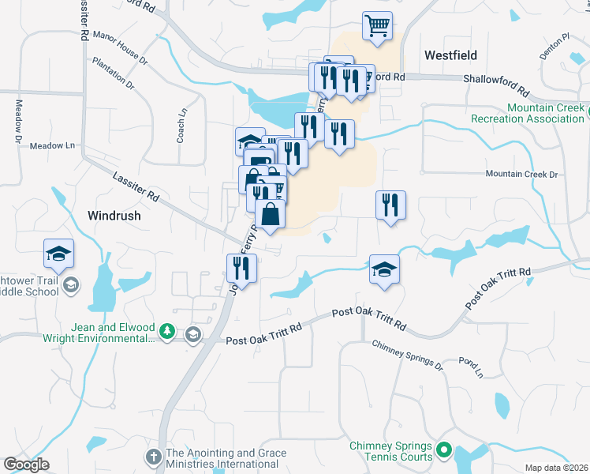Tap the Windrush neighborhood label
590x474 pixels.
pos(114,215)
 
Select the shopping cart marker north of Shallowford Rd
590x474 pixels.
pos(378,26)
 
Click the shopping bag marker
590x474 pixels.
pos(270,214)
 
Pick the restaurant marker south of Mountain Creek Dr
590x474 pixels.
pos(390,205)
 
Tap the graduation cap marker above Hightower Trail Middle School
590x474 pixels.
pos(58,254)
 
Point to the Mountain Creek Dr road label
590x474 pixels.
pos(521,174)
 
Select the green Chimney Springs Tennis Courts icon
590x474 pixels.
pos(443,452)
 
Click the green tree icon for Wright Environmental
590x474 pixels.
pos(166,333)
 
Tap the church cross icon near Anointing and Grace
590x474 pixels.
pos(155,457)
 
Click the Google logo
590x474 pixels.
pos(26,465)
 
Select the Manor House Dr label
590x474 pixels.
pos(120,47)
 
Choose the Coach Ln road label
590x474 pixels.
pos(182,122)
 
